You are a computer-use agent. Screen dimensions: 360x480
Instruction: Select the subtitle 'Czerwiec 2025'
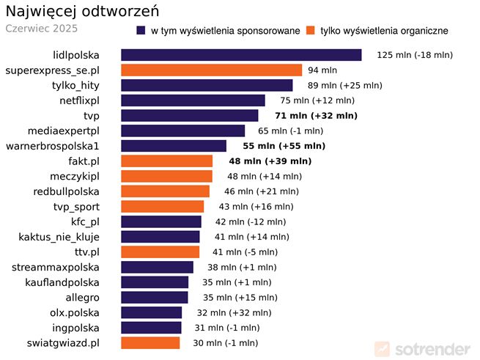pos(41,29)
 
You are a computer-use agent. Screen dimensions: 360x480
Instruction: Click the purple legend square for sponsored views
pos(141,31)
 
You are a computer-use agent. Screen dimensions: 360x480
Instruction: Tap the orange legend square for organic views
pos(311,31)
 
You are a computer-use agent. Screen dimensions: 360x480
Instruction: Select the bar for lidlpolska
pos(241,55)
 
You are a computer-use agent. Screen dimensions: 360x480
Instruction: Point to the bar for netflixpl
pos(193,100)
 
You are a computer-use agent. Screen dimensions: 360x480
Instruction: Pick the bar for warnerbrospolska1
pos(174,146)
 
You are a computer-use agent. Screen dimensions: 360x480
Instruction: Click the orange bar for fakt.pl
pos(166,161)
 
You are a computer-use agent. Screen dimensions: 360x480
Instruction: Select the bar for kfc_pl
pos(160,221)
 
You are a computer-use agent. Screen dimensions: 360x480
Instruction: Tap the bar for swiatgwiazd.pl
pos(150,343)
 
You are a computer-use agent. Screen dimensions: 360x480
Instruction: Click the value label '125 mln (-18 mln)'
pos(415,55)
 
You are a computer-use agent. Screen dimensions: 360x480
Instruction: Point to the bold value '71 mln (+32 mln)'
pos(316,116)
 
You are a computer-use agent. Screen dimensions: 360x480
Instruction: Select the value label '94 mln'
pos(322,70)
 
